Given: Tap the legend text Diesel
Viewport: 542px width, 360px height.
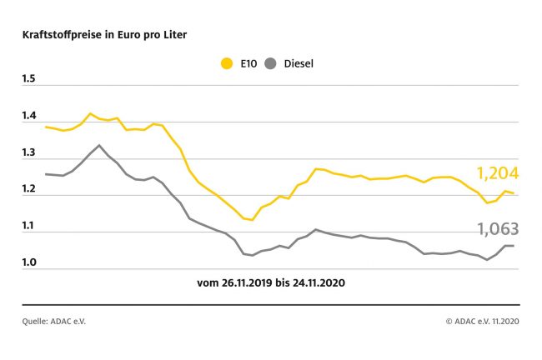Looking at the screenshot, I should pos(299,63).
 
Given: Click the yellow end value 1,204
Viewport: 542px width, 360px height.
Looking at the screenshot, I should pos(498,173).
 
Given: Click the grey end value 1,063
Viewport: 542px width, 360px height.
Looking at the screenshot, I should pos(498,228).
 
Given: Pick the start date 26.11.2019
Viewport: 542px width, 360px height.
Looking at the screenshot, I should pos(248,283).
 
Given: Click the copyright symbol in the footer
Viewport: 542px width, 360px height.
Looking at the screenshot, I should pos(449,320).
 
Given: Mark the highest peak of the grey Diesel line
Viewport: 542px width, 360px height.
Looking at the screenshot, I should pos(100,145).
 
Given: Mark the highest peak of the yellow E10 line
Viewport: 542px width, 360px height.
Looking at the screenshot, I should pos(90,113).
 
